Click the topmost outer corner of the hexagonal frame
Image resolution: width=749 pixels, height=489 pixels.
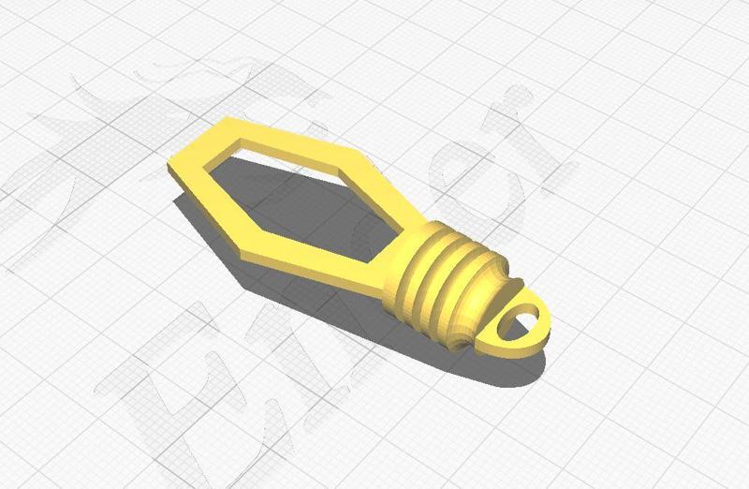pyautogui.click(x=228, y=119)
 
